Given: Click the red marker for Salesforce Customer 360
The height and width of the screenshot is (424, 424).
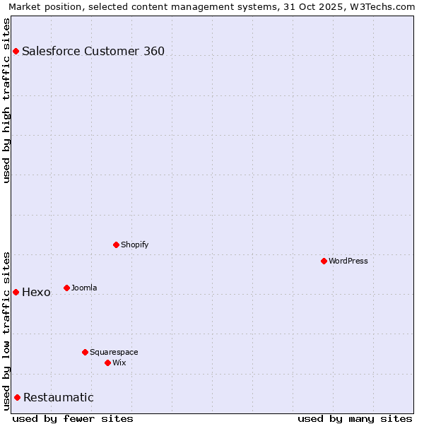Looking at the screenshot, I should (x=16, y=51).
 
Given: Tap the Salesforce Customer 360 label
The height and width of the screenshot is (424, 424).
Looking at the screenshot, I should (x=93, y=51).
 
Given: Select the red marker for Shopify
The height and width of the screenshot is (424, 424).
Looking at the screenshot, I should (x=116, y=245).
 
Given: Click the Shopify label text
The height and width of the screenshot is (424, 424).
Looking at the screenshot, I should (x=134, y=245).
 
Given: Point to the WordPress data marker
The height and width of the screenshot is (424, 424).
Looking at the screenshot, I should (x=324, y=261).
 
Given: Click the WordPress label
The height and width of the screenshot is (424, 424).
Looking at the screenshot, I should (x=348, y=261).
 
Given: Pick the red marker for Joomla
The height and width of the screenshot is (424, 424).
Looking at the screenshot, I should (x=66, y=288).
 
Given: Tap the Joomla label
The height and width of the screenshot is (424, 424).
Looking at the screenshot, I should (x=84, y=288).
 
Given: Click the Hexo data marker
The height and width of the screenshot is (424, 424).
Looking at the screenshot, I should (x=16, y=292).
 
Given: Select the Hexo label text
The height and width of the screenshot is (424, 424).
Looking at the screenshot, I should (x=36, y=293).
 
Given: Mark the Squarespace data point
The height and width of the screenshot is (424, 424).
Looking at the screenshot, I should (x=85, y=352).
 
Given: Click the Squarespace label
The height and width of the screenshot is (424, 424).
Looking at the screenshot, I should (x=114, y=352).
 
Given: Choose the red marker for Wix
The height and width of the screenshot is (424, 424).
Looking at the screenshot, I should (x=107, y=363).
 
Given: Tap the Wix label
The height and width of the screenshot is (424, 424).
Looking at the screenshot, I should (x=119, y=363).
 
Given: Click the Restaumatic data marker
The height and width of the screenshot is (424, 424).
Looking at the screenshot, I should (x=17, y=397).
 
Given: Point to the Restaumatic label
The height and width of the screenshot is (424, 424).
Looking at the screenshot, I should (x=58, y=397).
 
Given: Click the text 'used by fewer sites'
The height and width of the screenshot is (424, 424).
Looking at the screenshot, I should (x=73, y=418).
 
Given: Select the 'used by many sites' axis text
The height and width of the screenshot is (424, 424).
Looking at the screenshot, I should (x=355, y=418).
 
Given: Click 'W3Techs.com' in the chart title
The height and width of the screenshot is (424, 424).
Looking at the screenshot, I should (x=384, y=6).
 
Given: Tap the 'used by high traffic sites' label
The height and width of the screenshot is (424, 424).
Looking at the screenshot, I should (x=6, y=100).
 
